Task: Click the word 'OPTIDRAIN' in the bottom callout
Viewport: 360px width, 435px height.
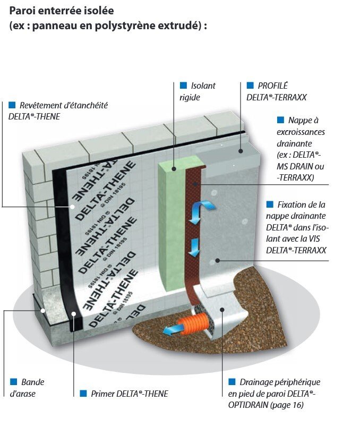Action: (x=250, y=405)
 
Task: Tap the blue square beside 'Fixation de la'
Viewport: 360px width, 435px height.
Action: (x=269, y=204)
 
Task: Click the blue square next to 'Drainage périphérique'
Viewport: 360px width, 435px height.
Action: (x=232, y=382)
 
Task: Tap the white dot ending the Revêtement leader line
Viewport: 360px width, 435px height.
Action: (x=73, y=207)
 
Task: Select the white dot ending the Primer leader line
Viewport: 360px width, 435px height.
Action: (x=74, y=314)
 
